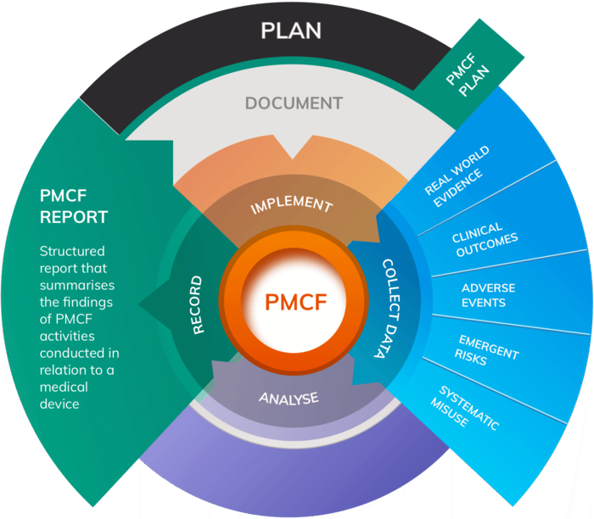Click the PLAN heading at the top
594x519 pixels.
(x=291, y=31)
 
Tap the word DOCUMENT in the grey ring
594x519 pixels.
(x=294, y=103)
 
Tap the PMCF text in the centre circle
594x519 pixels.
(x=293, y=301)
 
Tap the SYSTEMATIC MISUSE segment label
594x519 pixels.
(x=468, y=406)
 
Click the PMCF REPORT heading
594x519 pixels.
(x=74, y=206)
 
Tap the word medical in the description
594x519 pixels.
(x=64, y=388)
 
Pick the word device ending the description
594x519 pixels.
(x=59, y=404)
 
